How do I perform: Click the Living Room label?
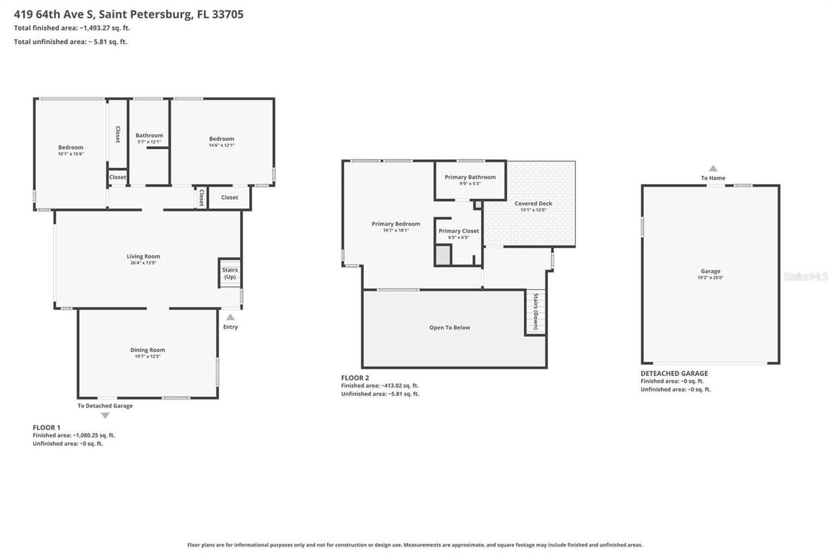(x=143, y=256)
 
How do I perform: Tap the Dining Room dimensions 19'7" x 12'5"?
(x=148, y=357)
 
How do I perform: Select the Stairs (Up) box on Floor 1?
(x=230, y=274)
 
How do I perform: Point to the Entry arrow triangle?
(x=230, y=318)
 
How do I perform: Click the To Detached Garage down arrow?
(x=105, y=416)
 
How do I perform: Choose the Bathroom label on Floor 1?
(x=149, y=135)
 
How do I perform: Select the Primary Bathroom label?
(x=469, y=177)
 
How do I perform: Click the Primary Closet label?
(x=458, y=231)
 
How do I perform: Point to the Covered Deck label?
(x=533, y=204)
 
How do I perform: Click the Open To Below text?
(x=449, y=327)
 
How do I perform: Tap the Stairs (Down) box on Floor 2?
(x=535, y=312)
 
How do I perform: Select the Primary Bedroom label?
(x=396, y=224)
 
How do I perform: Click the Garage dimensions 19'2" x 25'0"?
(x=710, y=277)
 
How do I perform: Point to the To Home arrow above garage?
(x=713, y=169)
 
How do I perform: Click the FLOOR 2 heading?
(x=355, y=378)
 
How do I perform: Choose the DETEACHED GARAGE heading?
(x=674, y=373)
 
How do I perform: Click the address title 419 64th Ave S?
(x=128, y=14)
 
